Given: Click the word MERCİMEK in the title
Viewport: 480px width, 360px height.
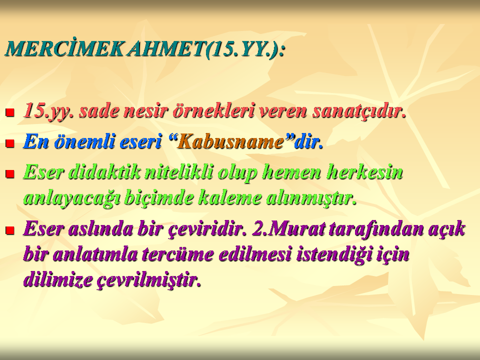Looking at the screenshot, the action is [64, 48].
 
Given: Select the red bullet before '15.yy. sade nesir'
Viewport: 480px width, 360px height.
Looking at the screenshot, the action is [10, 112].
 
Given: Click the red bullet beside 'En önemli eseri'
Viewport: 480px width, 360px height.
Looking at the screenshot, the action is [10, 143].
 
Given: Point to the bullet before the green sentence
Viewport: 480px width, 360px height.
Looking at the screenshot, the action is [10, 174].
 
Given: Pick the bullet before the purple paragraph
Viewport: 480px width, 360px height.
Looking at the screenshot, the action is [10, 230].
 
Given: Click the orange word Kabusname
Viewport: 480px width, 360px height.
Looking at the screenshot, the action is [230, 141].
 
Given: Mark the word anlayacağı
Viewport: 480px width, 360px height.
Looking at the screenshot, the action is [71, 198].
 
